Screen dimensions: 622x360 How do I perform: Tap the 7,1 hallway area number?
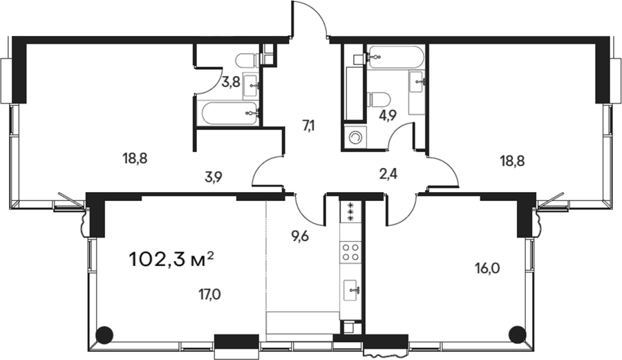pyautogui.click(x=309, y=126)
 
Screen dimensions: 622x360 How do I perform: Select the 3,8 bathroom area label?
pyautogui.click(x=230, y=82)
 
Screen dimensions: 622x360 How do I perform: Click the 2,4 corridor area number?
pyautogui.click(x=388, y=173)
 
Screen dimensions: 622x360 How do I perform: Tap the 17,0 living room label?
pyautogui.click(x=209, y=294)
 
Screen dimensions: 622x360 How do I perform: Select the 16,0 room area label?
pyautogui.click(x=487, y=269)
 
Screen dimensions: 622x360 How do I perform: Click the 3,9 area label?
pyautogui.click(x=214, y=177)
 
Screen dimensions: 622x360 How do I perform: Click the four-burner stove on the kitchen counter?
pyautogui.click(x=350, y=252)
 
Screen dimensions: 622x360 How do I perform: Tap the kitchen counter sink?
pyautogui.click(x=352, y=290)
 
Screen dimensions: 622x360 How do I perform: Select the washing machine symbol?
pyautogui.click(x=355, y=138)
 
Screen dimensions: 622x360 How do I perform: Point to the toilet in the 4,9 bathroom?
pyautogui.click(x=379, y=99)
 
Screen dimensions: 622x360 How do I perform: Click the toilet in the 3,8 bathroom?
pyautogui.click(x=247, y=60)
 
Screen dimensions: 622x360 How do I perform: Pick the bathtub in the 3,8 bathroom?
pyautogui.click(x=229, y=114)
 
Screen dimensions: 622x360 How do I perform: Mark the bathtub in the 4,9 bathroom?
pyautogui.click(x=395, y=58)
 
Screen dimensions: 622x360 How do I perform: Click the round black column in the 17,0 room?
pyautogui.click(x=105, y=334)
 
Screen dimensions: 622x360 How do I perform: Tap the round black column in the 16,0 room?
pyautogui.click(x=517, y=334)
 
